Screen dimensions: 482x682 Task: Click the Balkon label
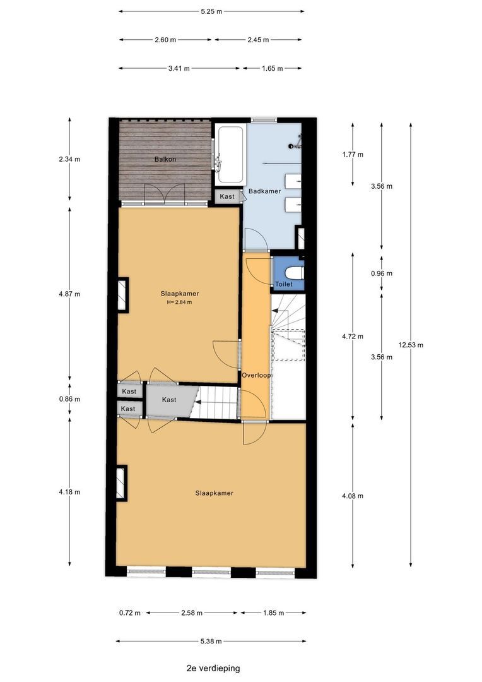click(x=165, y=159)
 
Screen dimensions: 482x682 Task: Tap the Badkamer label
click(x=264, y=191)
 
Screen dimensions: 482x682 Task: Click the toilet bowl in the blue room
click(x=295, y=273)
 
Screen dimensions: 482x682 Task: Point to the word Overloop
click(x=256, y=375)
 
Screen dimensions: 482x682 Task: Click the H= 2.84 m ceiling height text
click(x=180, y=302)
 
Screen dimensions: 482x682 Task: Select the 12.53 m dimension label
click(x=411, y=345)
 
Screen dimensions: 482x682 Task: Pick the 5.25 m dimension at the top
click(x=211, y=12)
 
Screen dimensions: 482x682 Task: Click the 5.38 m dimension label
click(x=211, y=641)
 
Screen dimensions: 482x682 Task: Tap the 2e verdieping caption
click(x=213, y=668)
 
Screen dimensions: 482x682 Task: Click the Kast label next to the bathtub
click(x=227, y=196)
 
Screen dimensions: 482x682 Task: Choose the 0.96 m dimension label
click(x=382, y=273)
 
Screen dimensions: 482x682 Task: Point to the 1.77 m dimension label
click(x=353, y=155)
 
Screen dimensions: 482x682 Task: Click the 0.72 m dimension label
click(x=130, y=613)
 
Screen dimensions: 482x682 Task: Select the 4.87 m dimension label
click(x=69, y=294)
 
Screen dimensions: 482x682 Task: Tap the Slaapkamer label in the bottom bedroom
click(x=215, y=493)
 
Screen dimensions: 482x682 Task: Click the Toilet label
click(x=284, y=284)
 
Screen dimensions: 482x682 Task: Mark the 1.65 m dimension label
click(x=272, y=68)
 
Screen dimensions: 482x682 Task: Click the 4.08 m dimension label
click(x=353, y=496)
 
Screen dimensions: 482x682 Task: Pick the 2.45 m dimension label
click(x=258, y=40)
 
